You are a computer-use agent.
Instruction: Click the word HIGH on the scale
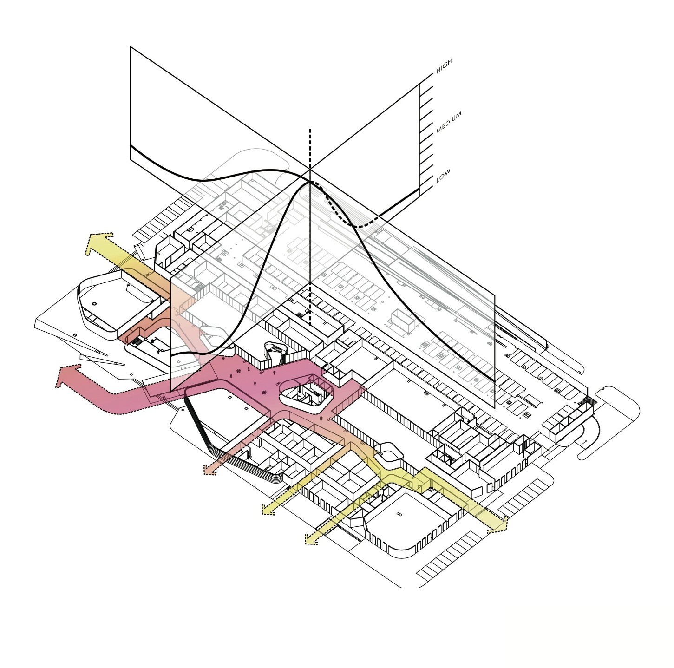point(444,65)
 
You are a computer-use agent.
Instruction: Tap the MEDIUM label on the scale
point(449,123)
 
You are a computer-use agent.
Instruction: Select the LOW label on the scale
point(443,176)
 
